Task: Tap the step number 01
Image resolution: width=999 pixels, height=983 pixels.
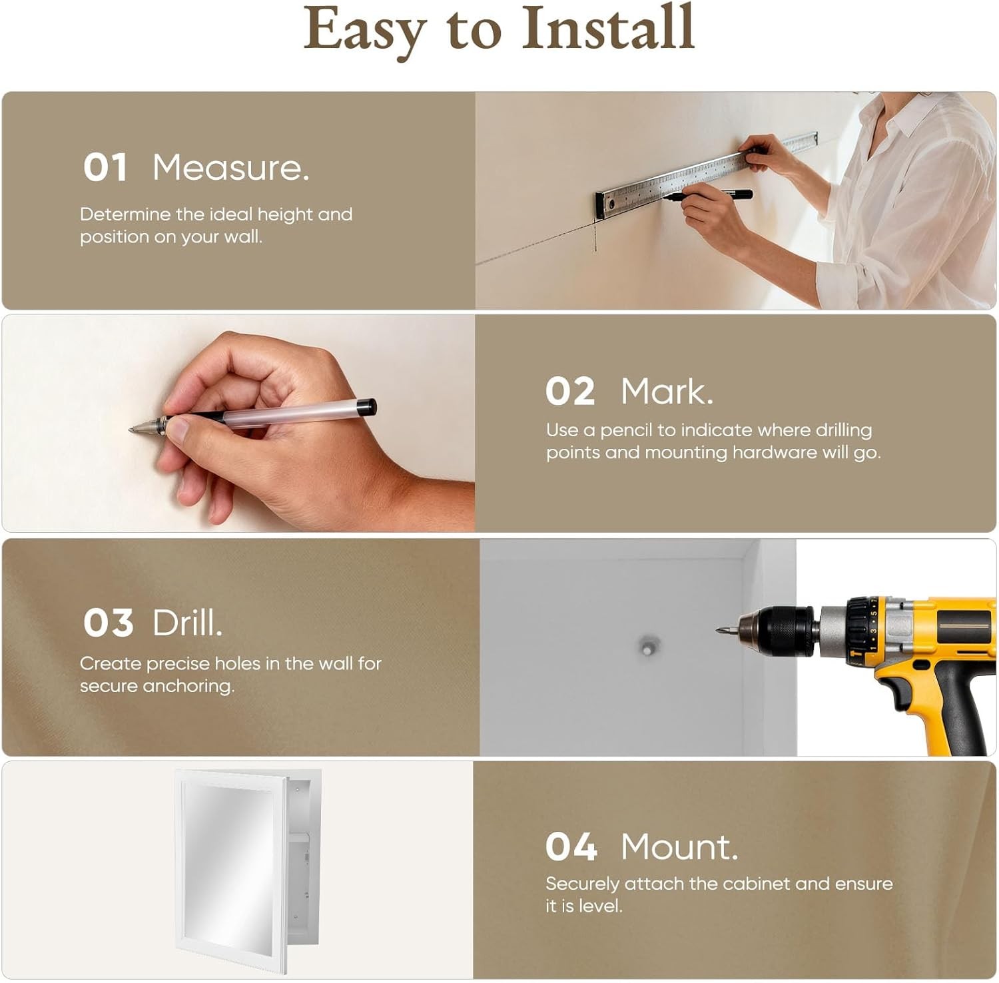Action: coord(105,167)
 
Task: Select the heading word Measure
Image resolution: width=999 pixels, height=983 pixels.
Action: coord(230,167)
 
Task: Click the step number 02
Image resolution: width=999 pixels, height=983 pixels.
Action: coord(570,391)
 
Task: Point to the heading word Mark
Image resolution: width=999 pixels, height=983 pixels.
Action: coord(667,391)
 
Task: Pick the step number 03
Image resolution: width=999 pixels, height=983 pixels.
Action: coord(108,623)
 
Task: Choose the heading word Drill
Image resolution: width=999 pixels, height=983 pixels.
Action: coord(187,623)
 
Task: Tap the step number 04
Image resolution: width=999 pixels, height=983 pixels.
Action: coord(571,847)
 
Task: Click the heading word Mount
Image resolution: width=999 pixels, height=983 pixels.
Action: coord(679,847)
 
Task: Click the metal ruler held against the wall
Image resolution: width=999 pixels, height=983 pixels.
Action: coord(706,175)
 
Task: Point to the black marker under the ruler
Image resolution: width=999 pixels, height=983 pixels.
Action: coord(709,196)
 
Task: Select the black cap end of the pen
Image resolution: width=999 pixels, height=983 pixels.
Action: coord(366,407)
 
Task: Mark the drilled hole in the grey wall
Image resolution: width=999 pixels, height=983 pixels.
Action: coord(648,646)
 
